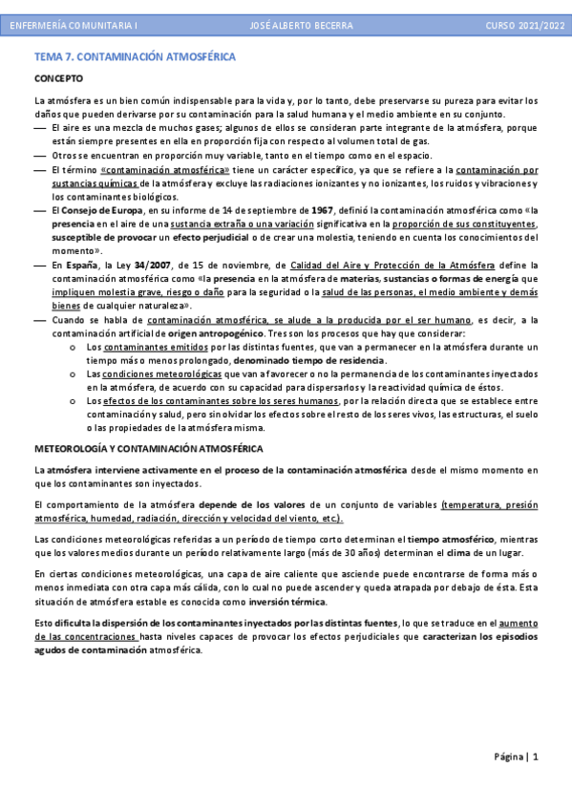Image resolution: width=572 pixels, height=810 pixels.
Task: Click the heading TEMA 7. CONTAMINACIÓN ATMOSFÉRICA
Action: click(135, 57)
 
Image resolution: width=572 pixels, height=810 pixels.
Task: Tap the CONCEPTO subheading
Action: click(58, 78)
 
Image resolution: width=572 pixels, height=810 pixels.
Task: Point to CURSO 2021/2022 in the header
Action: click(524, 24)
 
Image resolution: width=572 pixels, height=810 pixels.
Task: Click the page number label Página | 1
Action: click(517, 757)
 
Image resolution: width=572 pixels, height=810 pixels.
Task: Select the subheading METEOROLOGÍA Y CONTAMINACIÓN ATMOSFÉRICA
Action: click(148, 448)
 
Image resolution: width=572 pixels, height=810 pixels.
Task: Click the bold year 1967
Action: click(323, 210)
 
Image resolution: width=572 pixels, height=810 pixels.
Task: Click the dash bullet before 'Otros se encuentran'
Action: click(39, 155)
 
